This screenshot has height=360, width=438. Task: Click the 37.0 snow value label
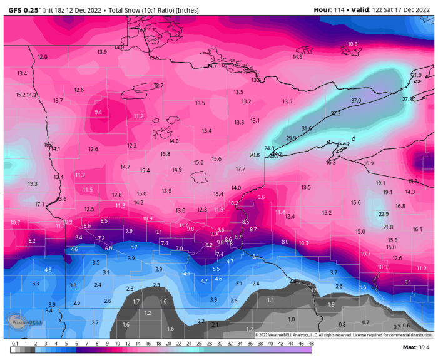[x=356, y=100]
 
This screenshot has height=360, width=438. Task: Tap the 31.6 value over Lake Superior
[x=306, y=128]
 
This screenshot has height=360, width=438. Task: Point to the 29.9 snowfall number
[x=291, y=138]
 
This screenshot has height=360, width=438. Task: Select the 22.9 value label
[x=384, y=214]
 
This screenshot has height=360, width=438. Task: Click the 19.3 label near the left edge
[x=33, y=184]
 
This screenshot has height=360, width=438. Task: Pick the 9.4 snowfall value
[x=98, y=112]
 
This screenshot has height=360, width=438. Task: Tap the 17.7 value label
[x=240, y=169]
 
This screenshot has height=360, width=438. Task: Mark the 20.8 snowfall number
[x=254, y=155]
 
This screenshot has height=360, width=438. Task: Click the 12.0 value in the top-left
[x=43, y=57]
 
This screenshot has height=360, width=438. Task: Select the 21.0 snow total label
[x=388, y=227]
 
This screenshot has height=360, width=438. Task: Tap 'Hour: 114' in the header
[x=330, y=9]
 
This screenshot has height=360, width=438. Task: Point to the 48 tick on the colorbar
[x=311, y=344]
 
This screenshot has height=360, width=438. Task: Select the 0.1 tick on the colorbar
[x=14, y=344]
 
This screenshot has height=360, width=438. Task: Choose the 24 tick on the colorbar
[x=189, y=344]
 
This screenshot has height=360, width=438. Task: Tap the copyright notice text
[x=343, y=334]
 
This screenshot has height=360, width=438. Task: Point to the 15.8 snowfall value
[x=165, y=153]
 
